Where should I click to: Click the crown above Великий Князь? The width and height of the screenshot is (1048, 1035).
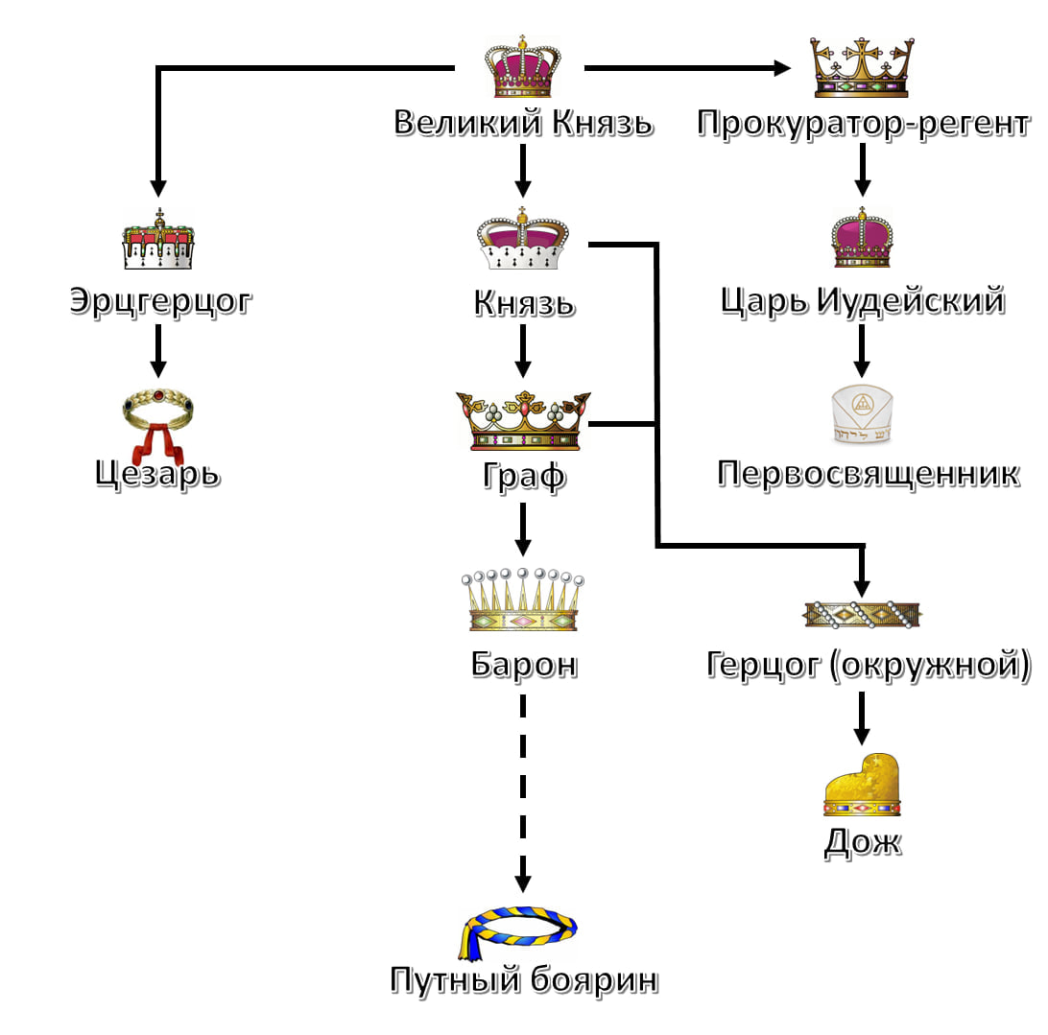click(522, 67)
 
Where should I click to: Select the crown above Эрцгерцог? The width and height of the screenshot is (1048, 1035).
click(158, 241)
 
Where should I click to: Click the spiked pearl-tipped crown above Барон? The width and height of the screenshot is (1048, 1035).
click(523, 600)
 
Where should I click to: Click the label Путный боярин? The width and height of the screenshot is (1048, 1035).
click(524, 980)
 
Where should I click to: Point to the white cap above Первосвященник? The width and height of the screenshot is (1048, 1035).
click(862, 418)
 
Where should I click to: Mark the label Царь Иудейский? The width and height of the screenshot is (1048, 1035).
click(862, 301)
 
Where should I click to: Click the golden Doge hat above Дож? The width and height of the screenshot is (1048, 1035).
click(863, 786)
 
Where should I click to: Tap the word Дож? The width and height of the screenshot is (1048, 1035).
click(863, 841)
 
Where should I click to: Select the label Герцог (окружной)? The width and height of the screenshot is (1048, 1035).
click(869, 664)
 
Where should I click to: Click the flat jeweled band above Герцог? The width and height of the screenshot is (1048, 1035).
click(862, 614)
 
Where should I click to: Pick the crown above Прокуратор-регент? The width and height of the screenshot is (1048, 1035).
click(861, 67)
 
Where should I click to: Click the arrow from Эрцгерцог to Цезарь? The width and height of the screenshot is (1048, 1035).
click(158, 352)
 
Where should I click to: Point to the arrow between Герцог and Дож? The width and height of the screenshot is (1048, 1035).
click(862, 717)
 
